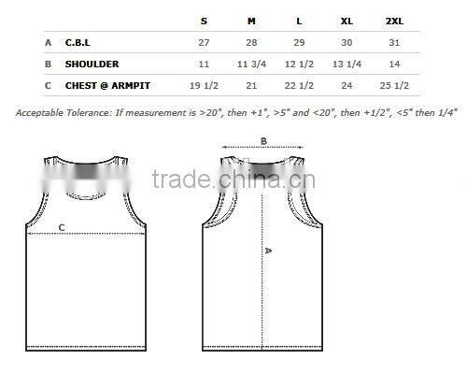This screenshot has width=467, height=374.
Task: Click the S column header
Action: click(204, 20)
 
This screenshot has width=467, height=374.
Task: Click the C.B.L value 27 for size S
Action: click(204, 43)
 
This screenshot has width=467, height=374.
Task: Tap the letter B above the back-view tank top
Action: click(263, 141)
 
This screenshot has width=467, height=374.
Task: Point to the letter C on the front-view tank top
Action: click(62, 227)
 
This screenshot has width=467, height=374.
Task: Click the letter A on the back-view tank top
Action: click(268, 251)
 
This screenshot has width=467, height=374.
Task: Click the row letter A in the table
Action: click(48, 43)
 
